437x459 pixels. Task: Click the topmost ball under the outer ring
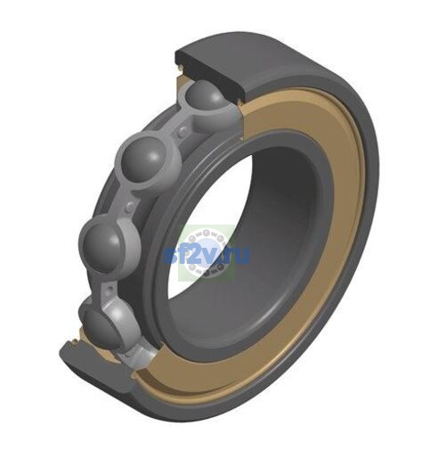205,95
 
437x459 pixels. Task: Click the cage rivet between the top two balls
182,131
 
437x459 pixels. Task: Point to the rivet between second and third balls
129,206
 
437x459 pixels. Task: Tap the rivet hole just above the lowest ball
110,288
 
